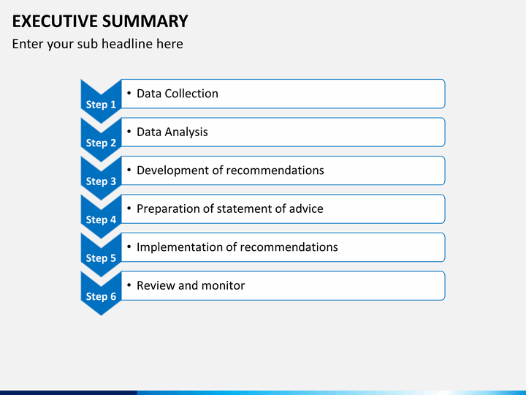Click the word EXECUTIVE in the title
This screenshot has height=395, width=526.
pyautogui.click(x=55, y=21)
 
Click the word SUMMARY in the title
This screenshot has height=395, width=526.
pyautogui.click(x=145, y=21)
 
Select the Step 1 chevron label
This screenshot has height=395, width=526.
pyautogui.click(x=101, y=105)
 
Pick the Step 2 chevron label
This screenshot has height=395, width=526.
pyautogui.click(x=101, y=143)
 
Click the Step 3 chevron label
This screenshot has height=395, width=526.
pyautogui.click(x=101, y=181)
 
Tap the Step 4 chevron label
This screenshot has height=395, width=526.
pyautogui.click(x=101, y=219)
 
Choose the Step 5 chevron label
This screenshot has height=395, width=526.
pyautogui.click(x=101, y=258)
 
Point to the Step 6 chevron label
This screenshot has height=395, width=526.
pyautogui.click(x=101, y=296)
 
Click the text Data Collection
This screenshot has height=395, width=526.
pyautogui.click(x=178, y=94)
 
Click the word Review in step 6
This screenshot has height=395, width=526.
pyautogui.click(x=156, y=285)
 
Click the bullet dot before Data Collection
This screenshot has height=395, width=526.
pyautogui.click(x=129, y=94)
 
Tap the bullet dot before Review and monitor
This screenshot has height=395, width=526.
pyautogui.click(x=129, y=285)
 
